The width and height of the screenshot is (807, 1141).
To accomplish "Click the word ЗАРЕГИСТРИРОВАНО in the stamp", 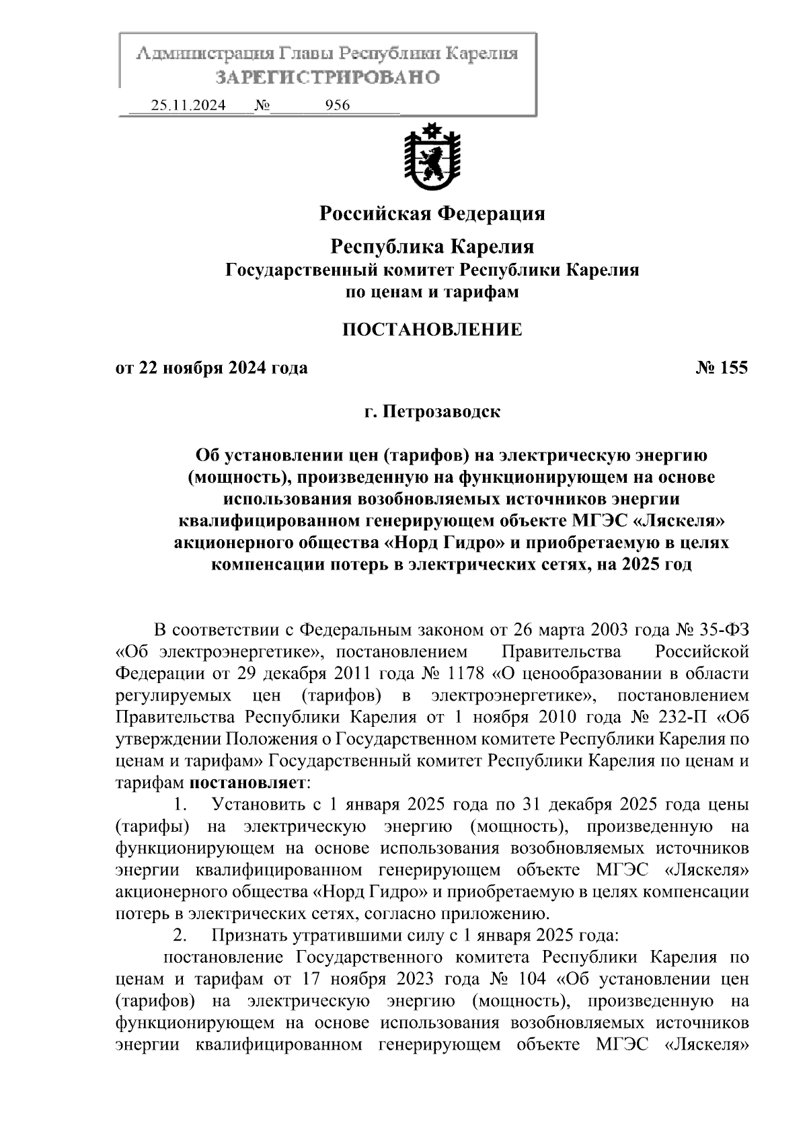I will (x=328, y=77).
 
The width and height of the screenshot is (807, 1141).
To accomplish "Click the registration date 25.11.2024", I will (x=188, y=106).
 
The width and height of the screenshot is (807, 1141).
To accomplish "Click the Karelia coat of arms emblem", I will (x=432, y=157).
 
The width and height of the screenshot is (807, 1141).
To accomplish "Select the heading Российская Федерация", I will (x=432, y=214).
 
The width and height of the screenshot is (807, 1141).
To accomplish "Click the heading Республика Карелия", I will (x=432, y=247).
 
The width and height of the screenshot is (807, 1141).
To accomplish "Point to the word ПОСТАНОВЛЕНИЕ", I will (x=432, y=329).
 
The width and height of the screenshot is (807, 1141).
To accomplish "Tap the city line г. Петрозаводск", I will (x=432, y=411).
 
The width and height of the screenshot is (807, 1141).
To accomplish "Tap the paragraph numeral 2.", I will (x=180, y=935).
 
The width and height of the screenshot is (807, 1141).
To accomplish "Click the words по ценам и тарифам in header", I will (x=432, y=292).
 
